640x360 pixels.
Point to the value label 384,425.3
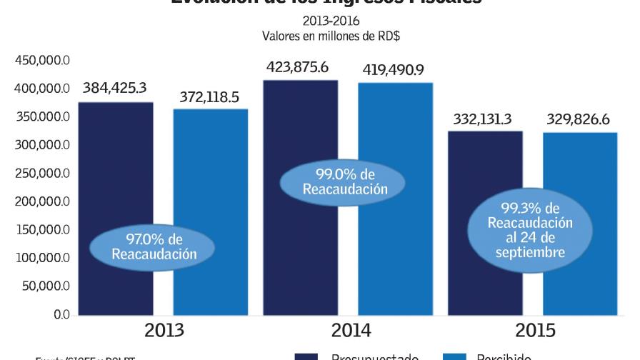tap(114, 89)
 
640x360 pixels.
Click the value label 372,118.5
tap(209, 96)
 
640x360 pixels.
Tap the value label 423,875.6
tap(296, 67)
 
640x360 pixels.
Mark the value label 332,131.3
tap(482, 119)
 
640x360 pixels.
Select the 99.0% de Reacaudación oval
tap(346, 181)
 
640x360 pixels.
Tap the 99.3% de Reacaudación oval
tap(531, 229)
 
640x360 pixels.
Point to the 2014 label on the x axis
tap(351, 331)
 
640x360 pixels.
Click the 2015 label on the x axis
tap(535, 331)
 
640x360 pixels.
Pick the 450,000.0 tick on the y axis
tap(42, 61)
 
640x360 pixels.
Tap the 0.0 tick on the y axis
tap(61, 314)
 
